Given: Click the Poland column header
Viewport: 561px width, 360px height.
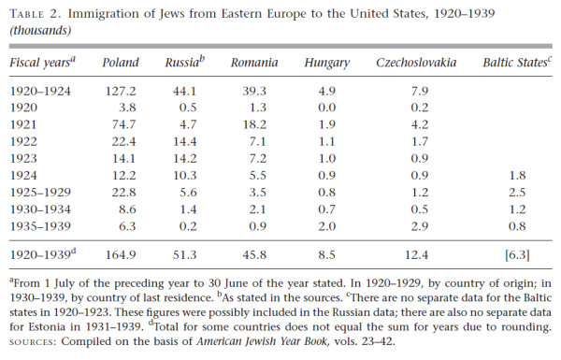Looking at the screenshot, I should pyautogui.click(x=120, y=63).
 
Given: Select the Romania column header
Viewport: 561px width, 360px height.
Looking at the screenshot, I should pyautogui.click(x=255, y=63).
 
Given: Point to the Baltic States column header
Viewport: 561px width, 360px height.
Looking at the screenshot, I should pyautogui.click(x=517, y=63).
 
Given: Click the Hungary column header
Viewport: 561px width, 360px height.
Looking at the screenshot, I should pyautogui.click(x=327, y=63).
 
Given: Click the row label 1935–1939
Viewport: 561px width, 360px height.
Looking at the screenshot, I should pyautogui.click(x=40, y=226).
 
